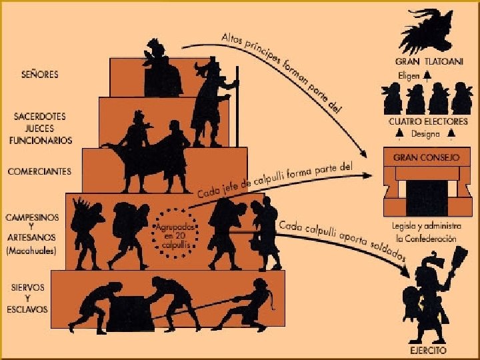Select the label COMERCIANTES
point(39,171)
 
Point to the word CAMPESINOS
point(32,218)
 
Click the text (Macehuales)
point(33,251)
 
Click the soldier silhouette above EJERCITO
point(427,293)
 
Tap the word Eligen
point(409,76)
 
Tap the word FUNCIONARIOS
point(40,141)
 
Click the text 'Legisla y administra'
point(423,227)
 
